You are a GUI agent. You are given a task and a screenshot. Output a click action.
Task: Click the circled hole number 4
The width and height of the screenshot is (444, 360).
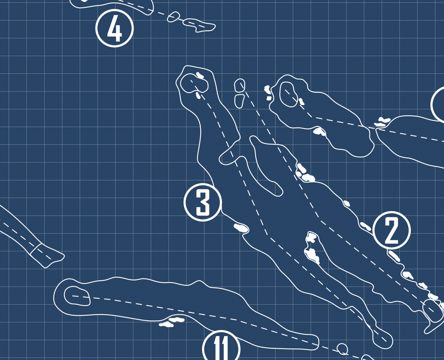(115, 28)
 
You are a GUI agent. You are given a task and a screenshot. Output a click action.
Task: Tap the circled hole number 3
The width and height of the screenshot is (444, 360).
(203, 202)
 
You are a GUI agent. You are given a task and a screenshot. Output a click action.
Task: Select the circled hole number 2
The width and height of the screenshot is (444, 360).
(391, 230)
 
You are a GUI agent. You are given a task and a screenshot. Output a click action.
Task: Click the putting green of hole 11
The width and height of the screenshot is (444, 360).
(77, 296)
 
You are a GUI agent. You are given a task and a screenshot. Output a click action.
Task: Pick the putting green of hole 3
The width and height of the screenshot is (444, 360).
(194, 83)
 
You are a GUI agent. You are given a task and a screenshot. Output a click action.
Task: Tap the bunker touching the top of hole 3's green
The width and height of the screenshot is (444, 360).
(200, 75)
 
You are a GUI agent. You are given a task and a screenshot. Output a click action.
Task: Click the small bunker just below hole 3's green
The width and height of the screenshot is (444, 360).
(198, 95)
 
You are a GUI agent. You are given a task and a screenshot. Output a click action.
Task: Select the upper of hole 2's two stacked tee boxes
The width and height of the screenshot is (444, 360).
(240, 85)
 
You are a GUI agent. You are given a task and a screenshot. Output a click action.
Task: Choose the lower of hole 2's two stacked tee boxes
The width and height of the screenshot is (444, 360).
(239, 101)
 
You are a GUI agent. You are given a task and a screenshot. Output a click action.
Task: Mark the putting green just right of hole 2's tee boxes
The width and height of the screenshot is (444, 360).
(288, 94)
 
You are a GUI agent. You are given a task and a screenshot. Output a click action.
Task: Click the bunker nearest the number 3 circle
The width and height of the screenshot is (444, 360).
(241, 228)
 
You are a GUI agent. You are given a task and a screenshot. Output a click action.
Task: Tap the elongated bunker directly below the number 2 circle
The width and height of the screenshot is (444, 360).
(394, 256)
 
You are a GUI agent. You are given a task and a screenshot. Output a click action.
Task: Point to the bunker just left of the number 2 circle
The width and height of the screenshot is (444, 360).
(365, 226)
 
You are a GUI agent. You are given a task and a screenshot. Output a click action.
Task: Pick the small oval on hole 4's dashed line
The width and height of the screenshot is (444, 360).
(173, 17)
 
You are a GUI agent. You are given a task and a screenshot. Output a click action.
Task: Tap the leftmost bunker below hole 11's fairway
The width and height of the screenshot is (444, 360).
(166, 324)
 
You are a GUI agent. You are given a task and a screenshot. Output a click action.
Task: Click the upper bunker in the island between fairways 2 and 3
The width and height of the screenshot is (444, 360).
(311, 238)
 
